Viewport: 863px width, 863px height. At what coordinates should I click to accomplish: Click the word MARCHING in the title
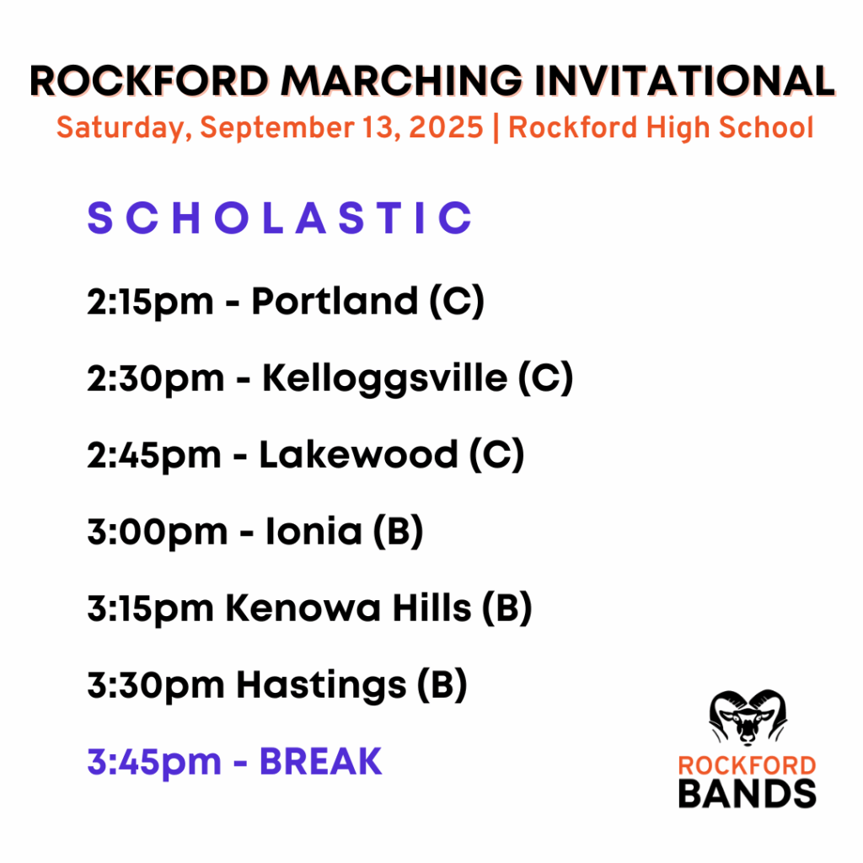pos(401,81)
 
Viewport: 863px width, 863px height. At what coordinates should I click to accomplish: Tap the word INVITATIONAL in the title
pos(684,81)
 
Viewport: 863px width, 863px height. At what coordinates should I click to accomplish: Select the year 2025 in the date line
pos(447,127)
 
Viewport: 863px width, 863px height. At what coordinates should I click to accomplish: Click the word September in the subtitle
pos(277,128)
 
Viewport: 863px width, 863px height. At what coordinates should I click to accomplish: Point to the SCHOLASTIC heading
pos(280,217)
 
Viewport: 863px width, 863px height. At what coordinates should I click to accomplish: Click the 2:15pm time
pos(150,303)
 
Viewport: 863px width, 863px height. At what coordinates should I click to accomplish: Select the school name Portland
pos(335,301)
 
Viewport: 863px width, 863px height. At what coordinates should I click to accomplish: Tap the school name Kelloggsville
pos(384,378)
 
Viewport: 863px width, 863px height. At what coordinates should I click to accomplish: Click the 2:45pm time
pos(154,456)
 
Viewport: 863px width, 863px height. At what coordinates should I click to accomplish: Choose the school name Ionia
pos(314,531)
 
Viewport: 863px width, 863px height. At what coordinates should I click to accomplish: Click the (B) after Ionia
pos(398,532)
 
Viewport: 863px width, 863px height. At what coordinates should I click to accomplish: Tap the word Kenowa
pos(303,608)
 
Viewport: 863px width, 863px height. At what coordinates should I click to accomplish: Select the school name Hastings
pos(321,686)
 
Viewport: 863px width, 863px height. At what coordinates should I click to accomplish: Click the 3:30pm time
pos(156,686)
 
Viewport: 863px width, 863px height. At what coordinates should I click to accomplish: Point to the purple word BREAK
pos(321,762)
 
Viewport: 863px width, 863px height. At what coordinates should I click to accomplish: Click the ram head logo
pos(748,717)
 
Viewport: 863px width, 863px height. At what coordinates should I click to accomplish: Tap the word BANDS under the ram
pos(747,793)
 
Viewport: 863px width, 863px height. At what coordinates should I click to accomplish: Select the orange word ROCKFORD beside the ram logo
pos(747,765)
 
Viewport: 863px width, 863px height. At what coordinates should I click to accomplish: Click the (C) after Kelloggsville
pos(545,378)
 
